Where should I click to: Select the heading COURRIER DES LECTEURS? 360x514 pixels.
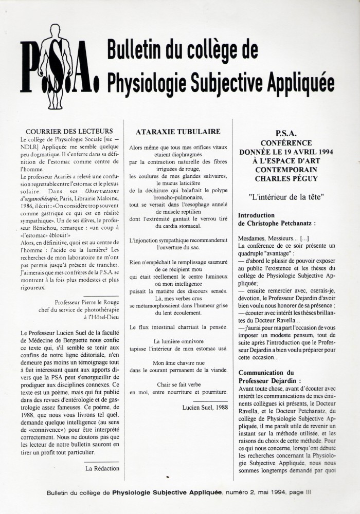[x=69, y=131]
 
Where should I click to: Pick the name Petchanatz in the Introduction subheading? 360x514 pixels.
[x=294, y=223]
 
